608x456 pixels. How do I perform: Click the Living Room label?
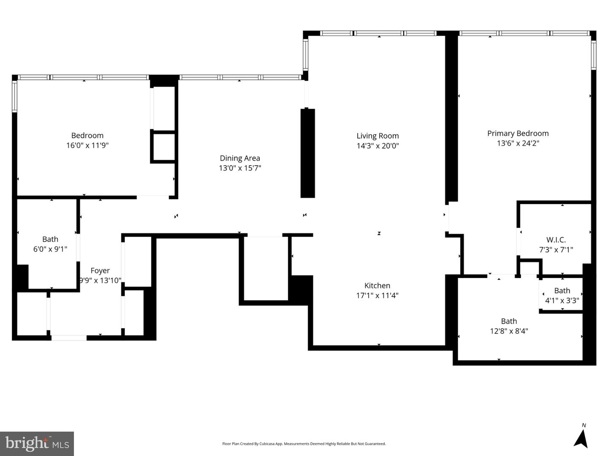click(377, 136)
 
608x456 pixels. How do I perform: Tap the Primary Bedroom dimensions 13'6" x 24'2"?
click(518, 143)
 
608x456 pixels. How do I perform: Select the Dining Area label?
click(240, 158)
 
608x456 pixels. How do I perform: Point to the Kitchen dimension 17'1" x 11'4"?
click(377, 295)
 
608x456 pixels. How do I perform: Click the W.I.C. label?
click(556, 240)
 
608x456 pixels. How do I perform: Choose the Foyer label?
click(100, 270)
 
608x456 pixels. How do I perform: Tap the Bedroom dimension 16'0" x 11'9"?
click(87, 145)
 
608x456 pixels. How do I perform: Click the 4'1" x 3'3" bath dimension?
click(562, 300)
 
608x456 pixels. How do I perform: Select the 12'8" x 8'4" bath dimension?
click(509, 331)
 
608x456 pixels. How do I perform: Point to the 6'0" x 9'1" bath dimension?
click(50, 249)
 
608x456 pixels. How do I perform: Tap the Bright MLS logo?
click(37, 443)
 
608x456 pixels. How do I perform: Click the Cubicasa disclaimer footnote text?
click(304, 444)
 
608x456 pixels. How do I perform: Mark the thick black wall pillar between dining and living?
click(307, 153)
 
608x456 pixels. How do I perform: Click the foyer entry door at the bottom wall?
click(69, 338)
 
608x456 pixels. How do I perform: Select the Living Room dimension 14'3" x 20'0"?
click(377, 146)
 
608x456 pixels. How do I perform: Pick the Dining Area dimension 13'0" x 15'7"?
click(240, 168)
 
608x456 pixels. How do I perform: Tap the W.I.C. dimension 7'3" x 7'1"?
click(556, 250)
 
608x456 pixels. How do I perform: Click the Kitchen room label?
click(377, 286)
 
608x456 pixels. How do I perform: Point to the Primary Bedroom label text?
click(518, 133)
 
